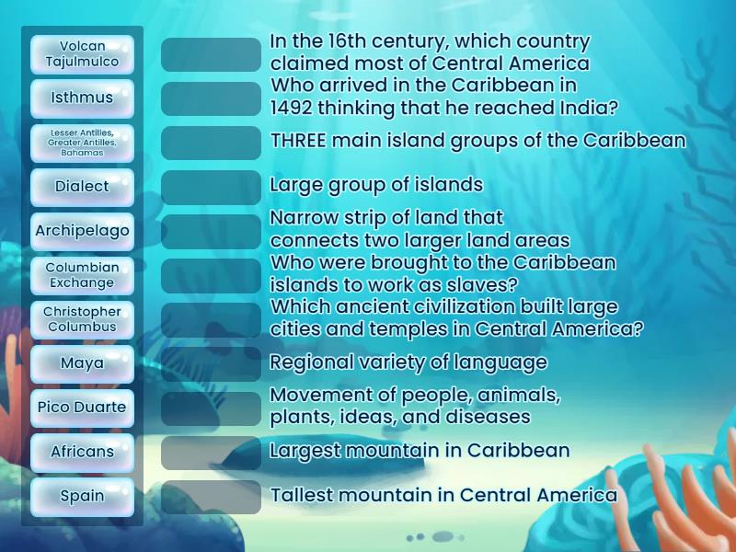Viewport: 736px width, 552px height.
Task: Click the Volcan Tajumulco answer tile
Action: pyautogui.click(x=82, y=53)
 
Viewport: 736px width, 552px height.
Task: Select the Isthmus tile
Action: pyautogui.click(x=82, y=98)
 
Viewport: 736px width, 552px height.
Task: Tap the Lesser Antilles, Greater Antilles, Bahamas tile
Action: pyautogui.click(x=82, y=143)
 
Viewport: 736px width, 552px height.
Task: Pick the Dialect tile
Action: pyautogui.click(x=82, y=187)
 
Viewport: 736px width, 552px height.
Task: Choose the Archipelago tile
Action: pyautogui.click(x=82, y=231)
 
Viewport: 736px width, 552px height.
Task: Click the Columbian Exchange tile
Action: pyautogui.click(x=82, y=275)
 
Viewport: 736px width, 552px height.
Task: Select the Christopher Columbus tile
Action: pyautogui.click(x=82, y=319)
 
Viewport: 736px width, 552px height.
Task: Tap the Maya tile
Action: pyautogui.click(x=82, y=363)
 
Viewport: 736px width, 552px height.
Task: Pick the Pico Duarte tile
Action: pyautogui.click(x=82, y=408)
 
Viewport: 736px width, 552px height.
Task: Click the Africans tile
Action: pyautogui.click(x=82, y=452)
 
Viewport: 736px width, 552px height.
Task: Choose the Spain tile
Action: pyautogui.click(x=82, y=496)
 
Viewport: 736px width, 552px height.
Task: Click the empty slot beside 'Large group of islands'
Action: pyautogui.click(x=211, y=187)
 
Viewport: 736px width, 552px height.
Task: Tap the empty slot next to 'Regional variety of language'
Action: pyautogui.click(x=211, y=363)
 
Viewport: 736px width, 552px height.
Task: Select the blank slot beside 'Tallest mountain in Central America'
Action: pyautogui.click(x=211, y=497)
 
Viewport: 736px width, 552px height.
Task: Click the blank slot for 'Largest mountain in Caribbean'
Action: pyautogui.click(x=211, y=452)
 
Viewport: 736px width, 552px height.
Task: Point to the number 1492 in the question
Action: pyautogui.click(x=293, y=108)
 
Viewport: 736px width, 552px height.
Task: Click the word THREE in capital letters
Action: pyautogui.click(x=298, y=141)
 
